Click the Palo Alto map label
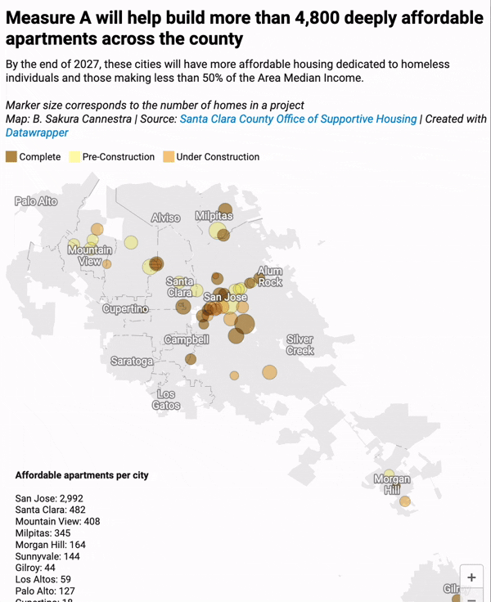pos(36,200)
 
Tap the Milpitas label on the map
pos(214,216)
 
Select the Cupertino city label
pos(125,309)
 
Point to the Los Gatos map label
pos(166,399)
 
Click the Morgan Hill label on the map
pos(392,484)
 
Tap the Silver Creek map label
pos(300,344)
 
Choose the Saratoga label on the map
pos(132,361)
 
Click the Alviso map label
pos(165,218)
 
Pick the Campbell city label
pos(187,339)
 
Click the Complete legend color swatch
pos(11,156)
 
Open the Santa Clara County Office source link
pos(298,119)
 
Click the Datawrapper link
pos(37,132)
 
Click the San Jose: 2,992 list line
pos(49,498)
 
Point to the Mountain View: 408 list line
pos(57,521)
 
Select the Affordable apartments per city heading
pos(82,475)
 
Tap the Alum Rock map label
pos(270,276)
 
